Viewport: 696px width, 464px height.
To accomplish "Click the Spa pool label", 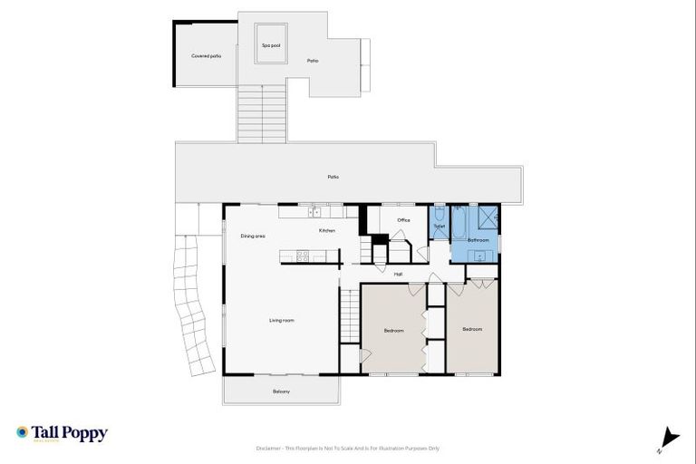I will tap(268, 45).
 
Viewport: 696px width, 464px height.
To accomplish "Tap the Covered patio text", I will tap(206, 56).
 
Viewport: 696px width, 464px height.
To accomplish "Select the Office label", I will tap(404, 219).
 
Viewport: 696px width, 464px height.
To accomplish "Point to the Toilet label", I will tap(439, 226).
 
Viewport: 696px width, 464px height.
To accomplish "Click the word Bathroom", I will tap(478, 240).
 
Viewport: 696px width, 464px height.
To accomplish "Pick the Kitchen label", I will tap(327, 231).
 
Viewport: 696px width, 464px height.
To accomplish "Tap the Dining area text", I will tap(253, 237).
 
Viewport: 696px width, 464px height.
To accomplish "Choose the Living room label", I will tap(281, 320).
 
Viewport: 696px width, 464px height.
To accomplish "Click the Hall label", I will tap(398, 274).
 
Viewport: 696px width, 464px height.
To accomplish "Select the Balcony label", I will tap(281, 391).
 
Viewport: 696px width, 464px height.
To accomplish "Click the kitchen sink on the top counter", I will tap(314, 212).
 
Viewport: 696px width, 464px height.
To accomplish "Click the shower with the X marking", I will tap(488, 217).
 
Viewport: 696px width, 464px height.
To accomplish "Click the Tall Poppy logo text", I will tap(71, 432).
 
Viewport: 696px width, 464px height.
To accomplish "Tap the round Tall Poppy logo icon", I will tap(23, 432).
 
